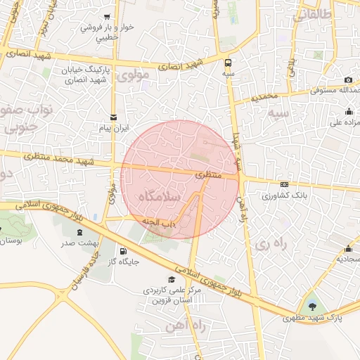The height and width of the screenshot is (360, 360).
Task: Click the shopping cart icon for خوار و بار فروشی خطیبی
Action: (x=107, y=17)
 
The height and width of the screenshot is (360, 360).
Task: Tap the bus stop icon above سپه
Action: (x=229, y=61)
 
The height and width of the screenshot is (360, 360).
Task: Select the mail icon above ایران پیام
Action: (x=113, y=117)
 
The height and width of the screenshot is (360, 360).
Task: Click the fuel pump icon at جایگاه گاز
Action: (x=124, y=251)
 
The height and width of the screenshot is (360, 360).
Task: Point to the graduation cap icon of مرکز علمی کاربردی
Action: (x=172, y=280)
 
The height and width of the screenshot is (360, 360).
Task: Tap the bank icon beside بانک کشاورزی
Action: (x=284, y=184)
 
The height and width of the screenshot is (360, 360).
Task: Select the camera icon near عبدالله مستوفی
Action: (x=349, y=82)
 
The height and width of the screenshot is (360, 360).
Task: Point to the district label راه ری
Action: (x=272, y=244)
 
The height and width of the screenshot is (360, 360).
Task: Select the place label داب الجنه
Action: (x=160, y=222)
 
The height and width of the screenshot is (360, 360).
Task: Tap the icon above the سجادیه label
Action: (x=349, y=248)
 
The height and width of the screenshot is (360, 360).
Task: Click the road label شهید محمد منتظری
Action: (x=56, y=158)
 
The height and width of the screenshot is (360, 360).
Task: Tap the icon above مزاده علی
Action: (x=349, y=111)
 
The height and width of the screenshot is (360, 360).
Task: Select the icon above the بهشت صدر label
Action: (x=79, y=231)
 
